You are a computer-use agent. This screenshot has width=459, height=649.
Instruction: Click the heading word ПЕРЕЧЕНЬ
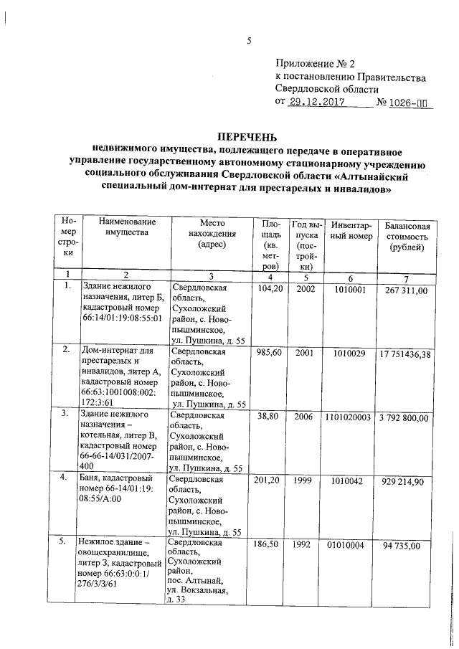(x=246, y=137)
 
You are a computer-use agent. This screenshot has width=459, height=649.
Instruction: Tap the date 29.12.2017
(x=316, y=103)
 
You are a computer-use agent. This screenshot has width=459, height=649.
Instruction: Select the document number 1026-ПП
(x=412, y=103)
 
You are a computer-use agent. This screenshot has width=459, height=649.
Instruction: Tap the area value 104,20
(x=270, y=288)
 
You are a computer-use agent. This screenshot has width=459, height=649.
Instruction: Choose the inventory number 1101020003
(x=350, y=416)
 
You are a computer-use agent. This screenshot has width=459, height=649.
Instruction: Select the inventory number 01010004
(x=350, y=545)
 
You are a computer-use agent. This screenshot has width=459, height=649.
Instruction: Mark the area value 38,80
(x=270, y=416)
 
